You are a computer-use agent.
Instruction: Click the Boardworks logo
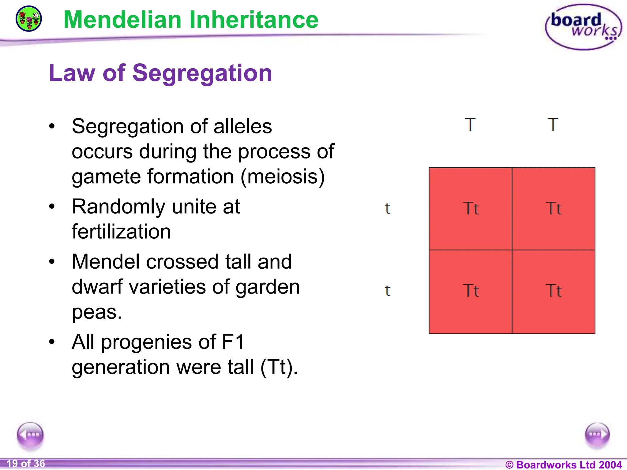tap(583, 27)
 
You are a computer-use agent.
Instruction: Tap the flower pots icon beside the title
tap(29, 19)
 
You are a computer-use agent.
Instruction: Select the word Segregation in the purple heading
tap(202, 73)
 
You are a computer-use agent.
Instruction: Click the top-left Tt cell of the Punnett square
tap(471, 209)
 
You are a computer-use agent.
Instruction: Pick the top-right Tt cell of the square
tap(554, 209)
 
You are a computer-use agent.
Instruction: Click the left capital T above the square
tap(470, 125)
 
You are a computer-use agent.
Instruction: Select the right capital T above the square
tap(553, 125)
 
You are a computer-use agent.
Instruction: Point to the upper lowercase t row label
tap(388, 209)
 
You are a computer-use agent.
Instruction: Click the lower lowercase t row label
tap(388, 291)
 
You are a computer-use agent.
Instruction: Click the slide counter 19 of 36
tap(26, 464)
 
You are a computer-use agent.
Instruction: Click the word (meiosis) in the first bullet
tap(282, 177)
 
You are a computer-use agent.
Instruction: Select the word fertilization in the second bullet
tap(121, 232)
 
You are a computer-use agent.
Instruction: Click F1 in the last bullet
tap(233, 342)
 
